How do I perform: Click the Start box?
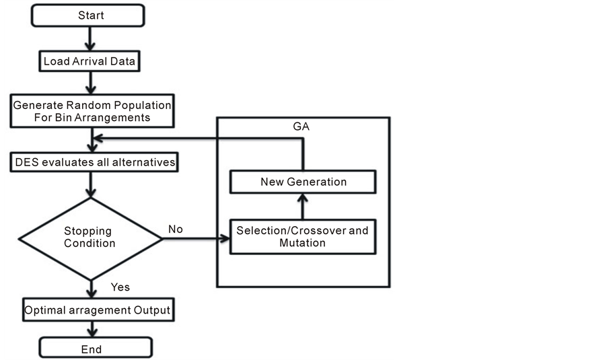coord(92,15)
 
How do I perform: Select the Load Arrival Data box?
coord(92,61)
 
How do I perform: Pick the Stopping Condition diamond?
coord(90,236)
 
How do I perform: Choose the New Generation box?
coord(302,182)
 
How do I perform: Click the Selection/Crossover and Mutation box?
coord(302,236)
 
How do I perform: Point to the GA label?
coord(303,126)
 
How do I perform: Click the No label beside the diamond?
coord(176,229)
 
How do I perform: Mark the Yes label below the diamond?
coord(120,287)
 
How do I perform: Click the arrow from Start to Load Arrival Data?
coord(92,38)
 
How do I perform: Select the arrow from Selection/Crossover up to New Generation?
coord(302,205)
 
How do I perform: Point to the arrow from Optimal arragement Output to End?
coord(92,330)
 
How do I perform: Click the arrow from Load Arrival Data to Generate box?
coord(92,83)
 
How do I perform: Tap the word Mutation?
coord(302,242)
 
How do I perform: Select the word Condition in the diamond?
coord(90,243)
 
